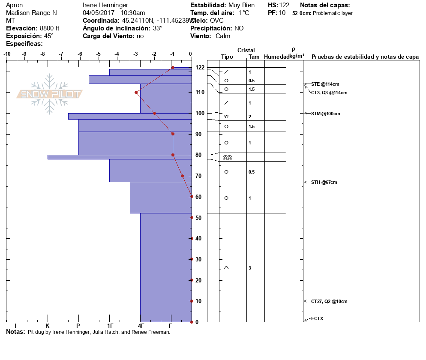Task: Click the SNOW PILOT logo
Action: point(49,94)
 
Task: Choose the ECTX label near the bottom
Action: point(317,318)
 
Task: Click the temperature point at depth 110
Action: point(136,92)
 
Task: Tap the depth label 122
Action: point(200,67)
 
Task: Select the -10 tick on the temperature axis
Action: point(7,54)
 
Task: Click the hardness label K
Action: point(48,326)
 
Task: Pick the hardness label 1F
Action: point(110,326)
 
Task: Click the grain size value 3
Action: point(250,268)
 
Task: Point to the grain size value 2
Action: point(250,117)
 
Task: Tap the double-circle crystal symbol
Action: point(228,158)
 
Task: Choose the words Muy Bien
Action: point(242,5)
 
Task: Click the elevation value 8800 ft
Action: point(49,28)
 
